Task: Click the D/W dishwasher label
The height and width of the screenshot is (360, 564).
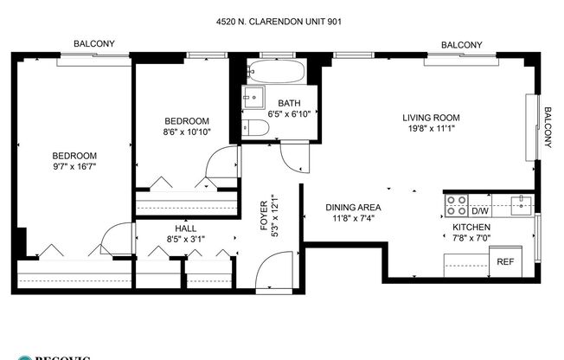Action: point(482,210)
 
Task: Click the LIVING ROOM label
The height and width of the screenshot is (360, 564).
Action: point(430,118)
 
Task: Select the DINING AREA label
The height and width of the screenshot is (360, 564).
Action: point(353,208)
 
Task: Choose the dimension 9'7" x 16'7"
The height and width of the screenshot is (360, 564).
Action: point(73,167)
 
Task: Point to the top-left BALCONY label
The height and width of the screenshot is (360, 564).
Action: point(94,43)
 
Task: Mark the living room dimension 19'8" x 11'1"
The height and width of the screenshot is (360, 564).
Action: point(430,129)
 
